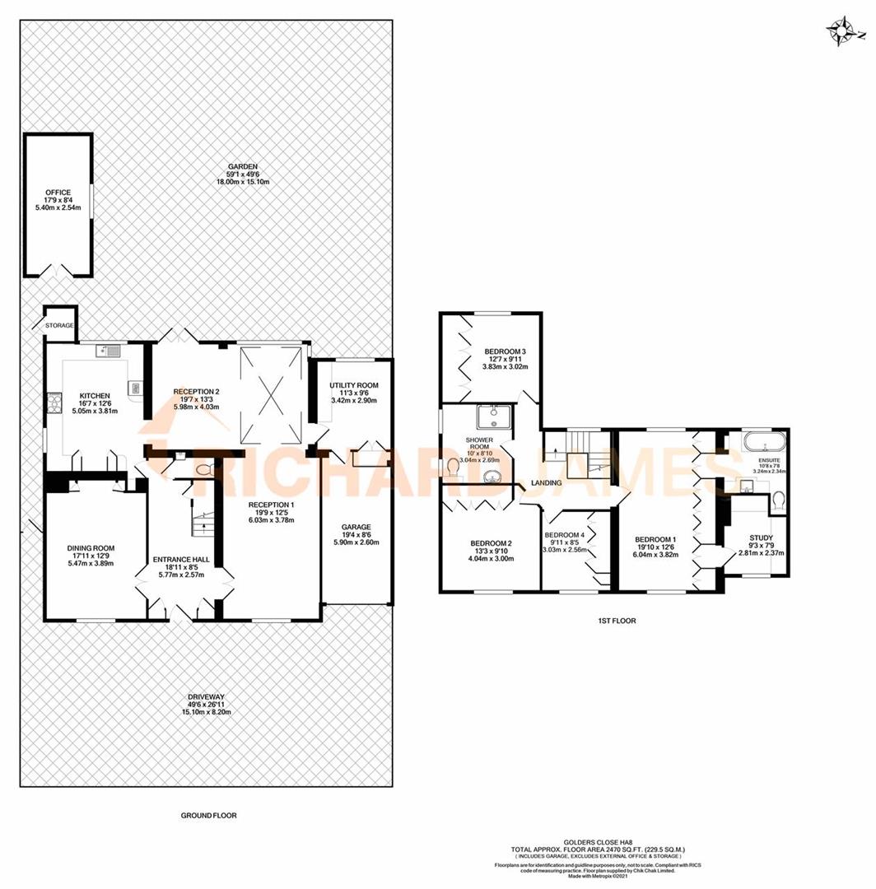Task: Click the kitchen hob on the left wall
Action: click(55, 403)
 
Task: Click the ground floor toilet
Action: click(205, 468)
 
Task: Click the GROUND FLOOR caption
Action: click(208, 816)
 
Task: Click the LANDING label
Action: click(546, 482)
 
